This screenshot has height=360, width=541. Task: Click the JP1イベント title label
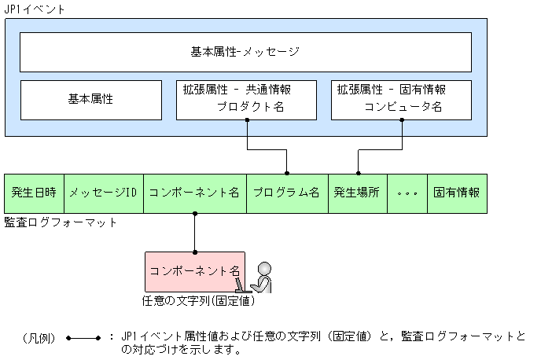coord(35,9)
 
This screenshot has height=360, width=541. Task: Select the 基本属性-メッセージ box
coord(245,53)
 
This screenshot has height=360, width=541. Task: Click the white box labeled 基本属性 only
coord(91,100)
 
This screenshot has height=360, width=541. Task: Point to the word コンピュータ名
coord(403,107)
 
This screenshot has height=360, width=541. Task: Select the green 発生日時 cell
coord(34,193)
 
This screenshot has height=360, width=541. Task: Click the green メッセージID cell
coord(103,193)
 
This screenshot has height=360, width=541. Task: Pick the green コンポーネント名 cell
coord(194,193)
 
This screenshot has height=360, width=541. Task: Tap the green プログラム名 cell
coord(286,193)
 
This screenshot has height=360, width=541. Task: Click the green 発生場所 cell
coord(358,193)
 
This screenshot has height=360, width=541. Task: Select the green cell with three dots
coord(407,193)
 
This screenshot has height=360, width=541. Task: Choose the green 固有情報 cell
coord(457,193)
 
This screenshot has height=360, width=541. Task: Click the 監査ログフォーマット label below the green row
coord(61,222)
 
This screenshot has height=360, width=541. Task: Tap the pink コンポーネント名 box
coord(194,270)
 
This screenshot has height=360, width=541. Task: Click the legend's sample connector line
coord(83,338)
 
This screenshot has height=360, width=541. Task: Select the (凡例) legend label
coord(39,338)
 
